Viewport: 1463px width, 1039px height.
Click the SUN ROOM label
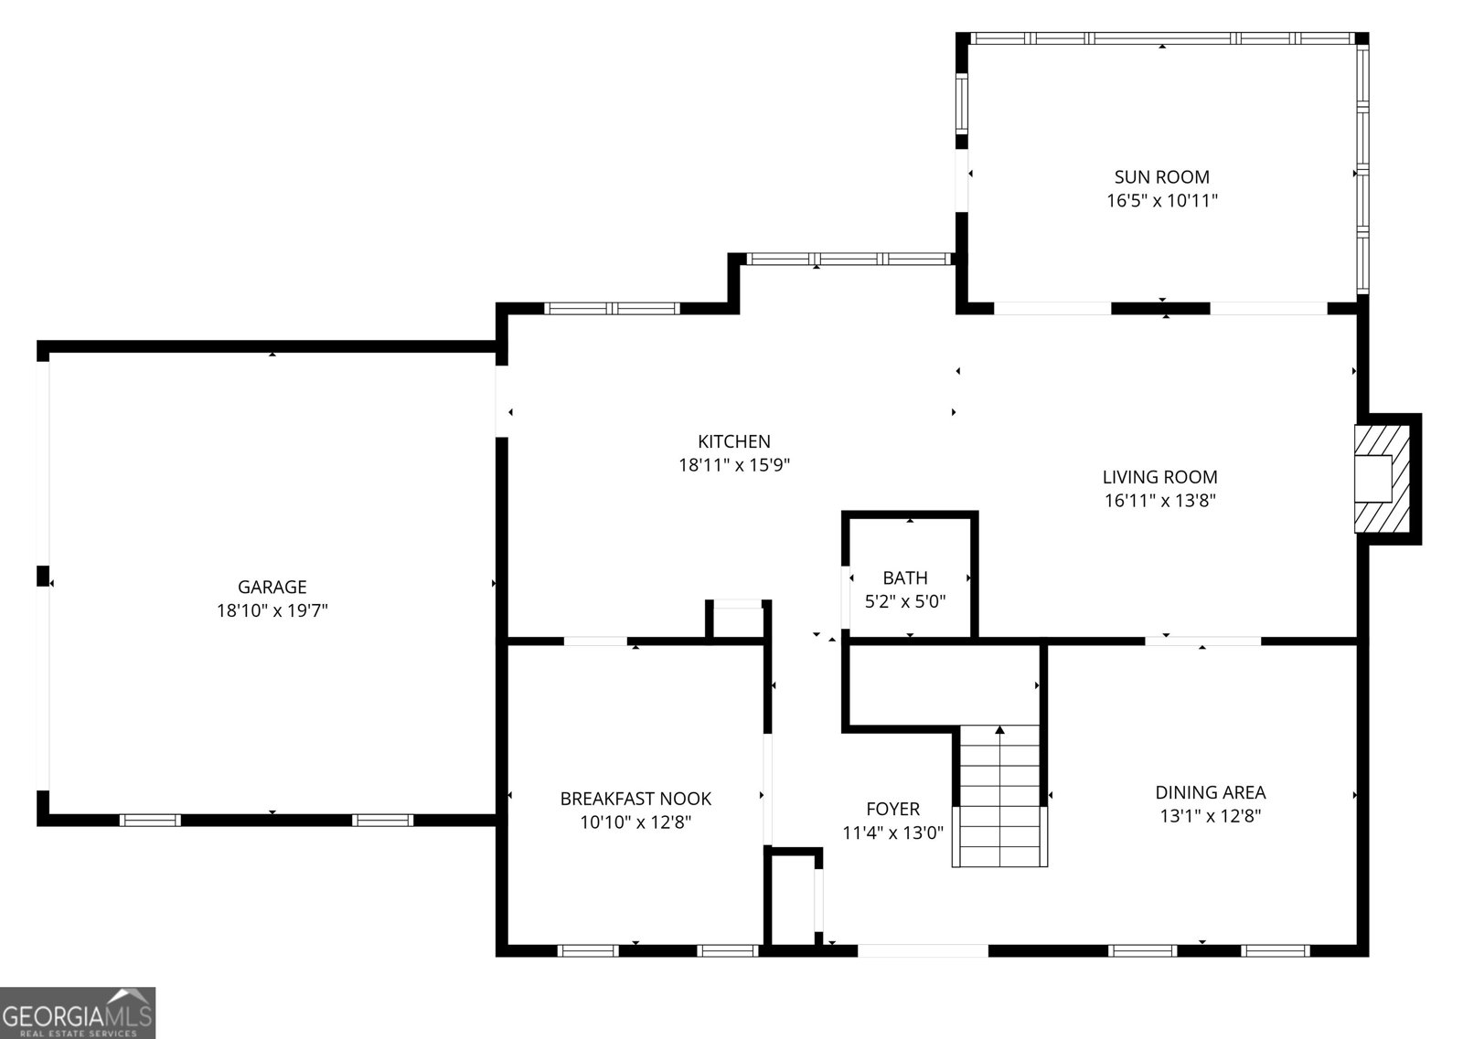point(1161,176)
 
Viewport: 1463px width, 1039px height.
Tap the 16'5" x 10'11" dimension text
point(1161,200)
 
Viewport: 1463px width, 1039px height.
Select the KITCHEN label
point(733,441)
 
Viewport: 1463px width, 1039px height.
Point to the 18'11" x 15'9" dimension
point(733,465)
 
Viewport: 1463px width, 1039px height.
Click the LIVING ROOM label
point(1159,476)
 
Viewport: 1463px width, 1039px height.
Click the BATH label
point(904,578)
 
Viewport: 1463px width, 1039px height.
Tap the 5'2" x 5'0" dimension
point(904,601)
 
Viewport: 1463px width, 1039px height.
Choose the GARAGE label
point(272,587)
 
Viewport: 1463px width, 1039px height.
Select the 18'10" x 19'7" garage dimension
point(272,610)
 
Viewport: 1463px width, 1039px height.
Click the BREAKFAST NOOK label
point(635,799)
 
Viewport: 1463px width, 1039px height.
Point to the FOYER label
point(892,809)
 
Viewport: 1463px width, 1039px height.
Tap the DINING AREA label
point(1210,792)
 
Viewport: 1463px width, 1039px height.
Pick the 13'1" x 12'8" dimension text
point(1210,816)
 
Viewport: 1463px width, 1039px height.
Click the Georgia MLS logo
point(78,1012)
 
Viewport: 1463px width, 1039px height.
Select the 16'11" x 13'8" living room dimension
point(1159,500)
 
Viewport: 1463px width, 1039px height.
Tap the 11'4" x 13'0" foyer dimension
point(892,832)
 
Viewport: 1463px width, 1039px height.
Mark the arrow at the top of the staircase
point(999,730)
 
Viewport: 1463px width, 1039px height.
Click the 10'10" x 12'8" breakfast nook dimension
point(635,822)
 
